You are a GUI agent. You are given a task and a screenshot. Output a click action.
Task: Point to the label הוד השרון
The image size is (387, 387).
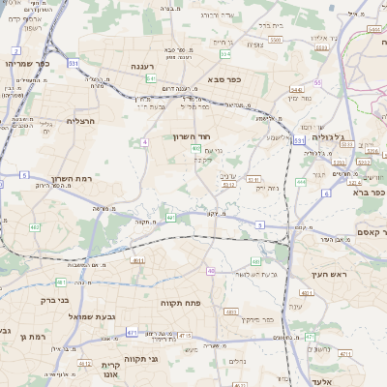tap(193, 137)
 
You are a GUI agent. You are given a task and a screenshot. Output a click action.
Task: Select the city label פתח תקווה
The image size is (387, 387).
tap(181, 304)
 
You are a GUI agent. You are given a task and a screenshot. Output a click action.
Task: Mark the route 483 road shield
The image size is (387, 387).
tap(230, 311)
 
